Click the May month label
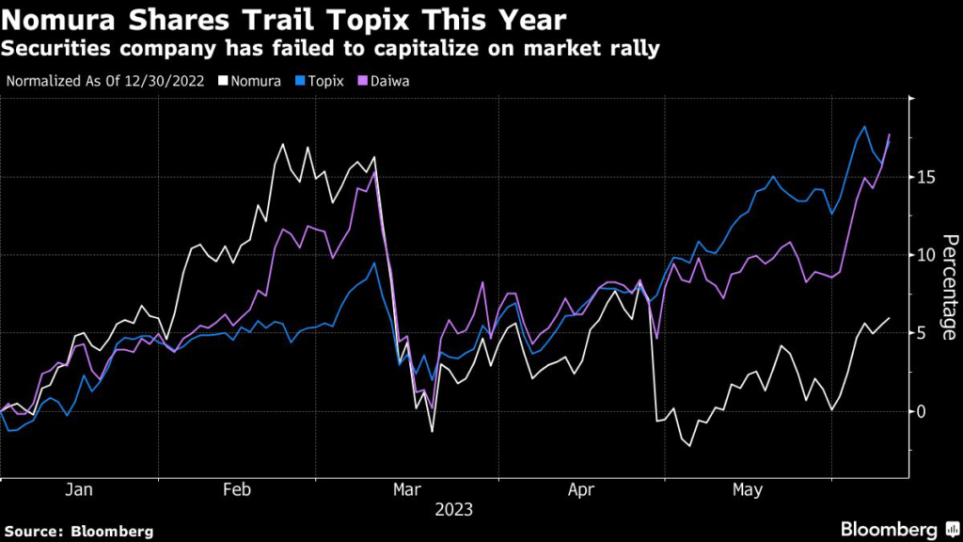click(748, 490)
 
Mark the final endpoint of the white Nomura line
click(890, 318)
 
